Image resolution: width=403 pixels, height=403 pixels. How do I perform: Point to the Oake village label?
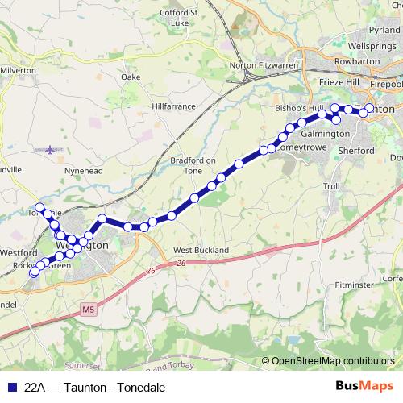pyautogui.click(x=131, y=77)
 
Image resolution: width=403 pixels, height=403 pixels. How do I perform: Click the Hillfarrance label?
pyautogui.click(x=174, y=106)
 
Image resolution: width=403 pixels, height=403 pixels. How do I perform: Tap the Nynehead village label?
pyautogui.click(x=82, y=172)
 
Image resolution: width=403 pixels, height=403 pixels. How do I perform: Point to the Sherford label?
pyautogui.click(x=356, y=151)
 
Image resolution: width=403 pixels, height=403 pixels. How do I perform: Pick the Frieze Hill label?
pyautogui.click(x=343, y=83)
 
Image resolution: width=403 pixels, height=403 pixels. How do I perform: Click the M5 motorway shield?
pyautogui.click(x=88, y=308)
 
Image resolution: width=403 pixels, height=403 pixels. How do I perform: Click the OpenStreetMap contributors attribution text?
pyautogui.click(x=330, y=361)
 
